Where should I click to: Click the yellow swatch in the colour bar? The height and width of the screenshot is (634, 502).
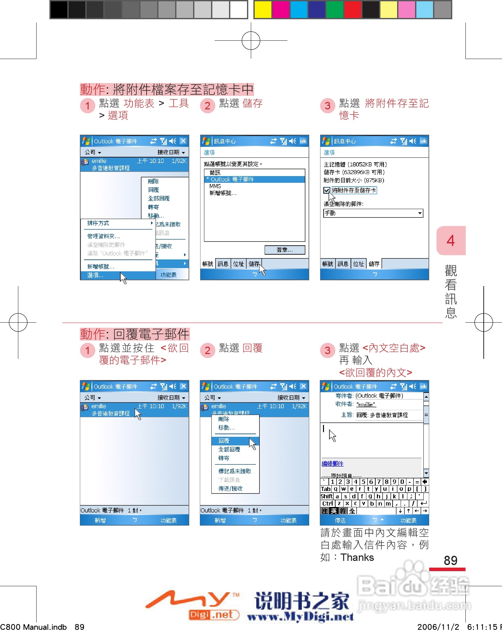263,10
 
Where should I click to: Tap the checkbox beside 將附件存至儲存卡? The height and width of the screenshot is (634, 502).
327,190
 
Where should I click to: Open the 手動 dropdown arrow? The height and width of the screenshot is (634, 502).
420,213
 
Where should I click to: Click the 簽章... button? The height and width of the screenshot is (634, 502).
285,250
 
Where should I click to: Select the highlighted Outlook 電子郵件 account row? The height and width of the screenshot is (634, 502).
254,180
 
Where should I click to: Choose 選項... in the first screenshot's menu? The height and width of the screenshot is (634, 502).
95,275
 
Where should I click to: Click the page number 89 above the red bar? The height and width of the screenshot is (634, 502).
450,560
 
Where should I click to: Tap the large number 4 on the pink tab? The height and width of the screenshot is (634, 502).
451,241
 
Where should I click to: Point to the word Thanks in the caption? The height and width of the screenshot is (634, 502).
357,557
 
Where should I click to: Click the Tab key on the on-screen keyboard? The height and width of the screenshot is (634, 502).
326,489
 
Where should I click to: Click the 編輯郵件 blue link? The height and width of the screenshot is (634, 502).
332,464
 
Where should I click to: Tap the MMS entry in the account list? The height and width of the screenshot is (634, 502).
215,186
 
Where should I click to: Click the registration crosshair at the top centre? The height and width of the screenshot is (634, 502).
251,40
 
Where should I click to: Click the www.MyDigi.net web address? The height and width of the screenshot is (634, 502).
300,616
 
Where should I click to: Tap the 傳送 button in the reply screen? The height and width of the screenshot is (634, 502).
340,520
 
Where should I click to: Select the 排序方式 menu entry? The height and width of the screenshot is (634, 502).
98,223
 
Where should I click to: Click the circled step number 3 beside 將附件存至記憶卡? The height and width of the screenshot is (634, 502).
328,106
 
